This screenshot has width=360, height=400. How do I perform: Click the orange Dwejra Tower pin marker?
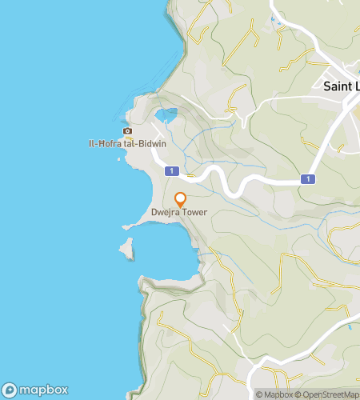[180, 199]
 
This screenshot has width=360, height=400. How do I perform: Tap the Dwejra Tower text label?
[179, 213]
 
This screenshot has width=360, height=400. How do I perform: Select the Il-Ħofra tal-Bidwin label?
[127, 145]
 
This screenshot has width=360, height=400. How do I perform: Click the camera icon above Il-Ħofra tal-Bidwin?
[127, 131]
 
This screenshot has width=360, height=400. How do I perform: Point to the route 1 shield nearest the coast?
[170, 171]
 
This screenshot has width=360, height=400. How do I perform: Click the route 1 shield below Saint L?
[307, 179]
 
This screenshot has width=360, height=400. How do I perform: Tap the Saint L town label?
[341, 85]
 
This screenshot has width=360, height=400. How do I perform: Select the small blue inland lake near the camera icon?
[166, 116]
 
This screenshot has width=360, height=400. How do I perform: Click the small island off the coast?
[126, 249]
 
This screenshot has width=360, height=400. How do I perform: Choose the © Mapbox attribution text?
[274, 394]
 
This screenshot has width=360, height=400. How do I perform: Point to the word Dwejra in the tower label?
[166, 213]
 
